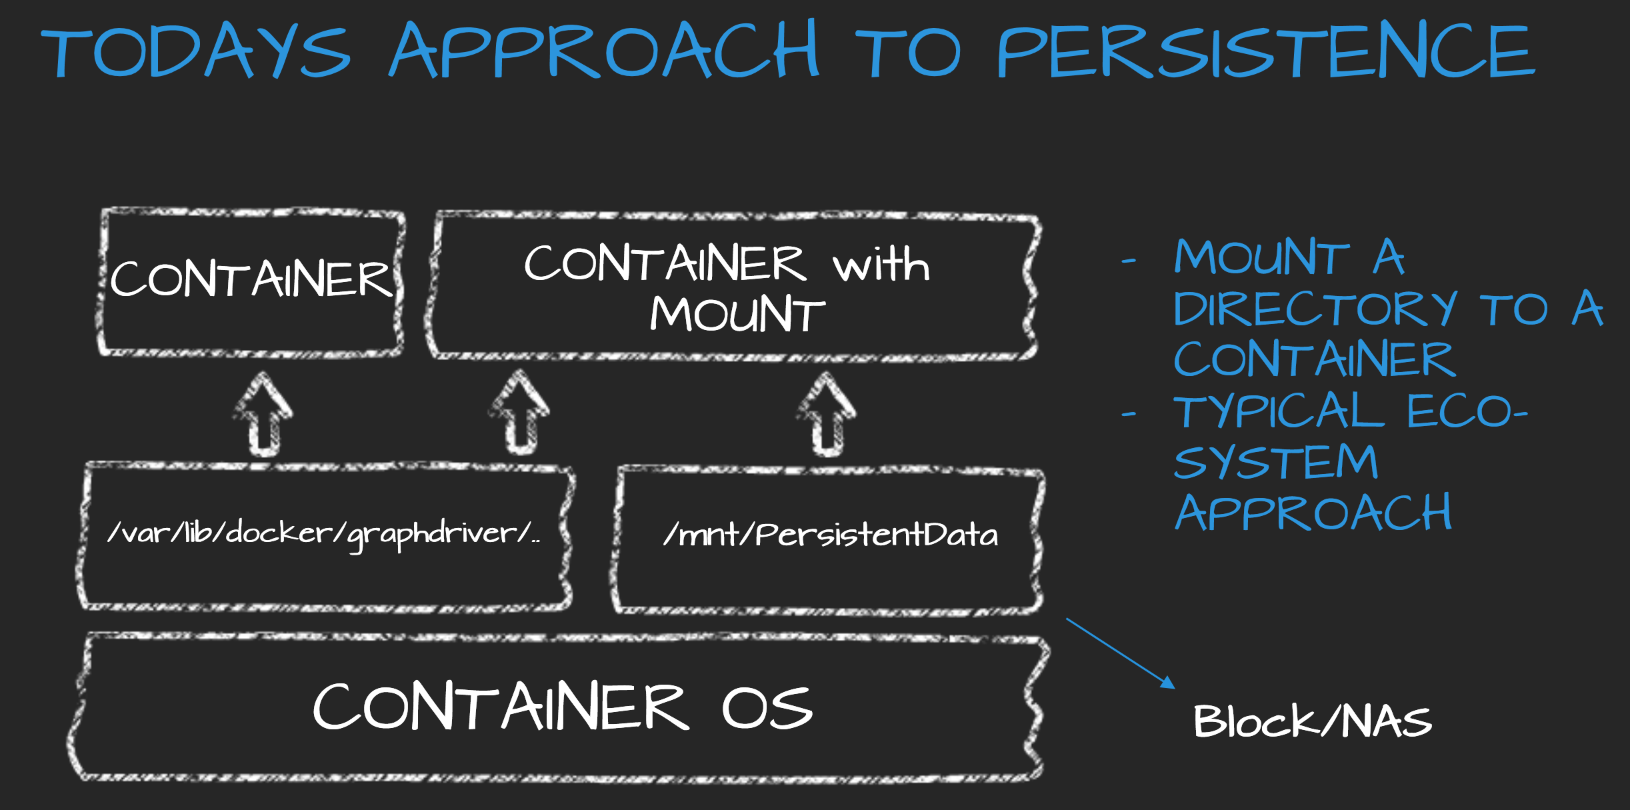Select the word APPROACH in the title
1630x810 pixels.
tap(603, 51)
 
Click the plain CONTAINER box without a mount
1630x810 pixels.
tap(251, 279)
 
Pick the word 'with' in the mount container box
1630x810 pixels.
tap(881, 265)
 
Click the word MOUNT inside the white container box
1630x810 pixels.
tap(737, 315)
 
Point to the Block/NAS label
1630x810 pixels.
tap(1312, 721)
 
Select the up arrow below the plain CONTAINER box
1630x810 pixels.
tap(263, 414)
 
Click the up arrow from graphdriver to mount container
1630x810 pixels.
tap(520, 413)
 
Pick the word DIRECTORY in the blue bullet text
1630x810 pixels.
tap(1314, 309)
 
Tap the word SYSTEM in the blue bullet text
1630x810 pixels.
tap(1275, 462)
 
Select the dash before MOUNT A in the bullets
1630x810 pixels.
tap(1129, 261)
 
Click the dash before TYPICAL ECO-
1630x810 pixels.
tap(1129, 415)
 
